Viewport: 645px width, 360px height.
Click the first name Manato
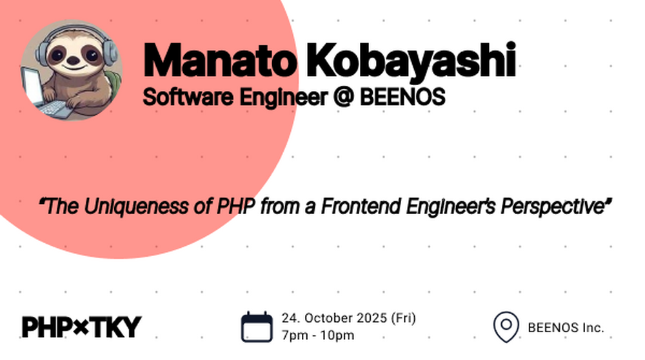[x=220, y=61]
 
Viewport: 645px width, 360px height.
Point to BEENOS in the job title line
[x=402, y=97]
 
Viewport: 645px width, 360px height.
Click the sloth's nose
[x=73, y=61]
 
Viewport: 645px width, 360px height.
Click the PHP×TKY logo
[x=82, y=326]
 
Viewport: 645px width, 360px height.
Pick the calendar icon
[x=257, y=327]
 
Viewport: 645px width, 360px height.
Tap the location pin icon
[x=506, y=327]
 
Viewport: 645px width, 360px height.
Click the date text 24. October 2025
[x=334, y=318]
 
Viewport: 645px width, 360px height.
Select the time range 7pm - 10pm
[x=317, y=335]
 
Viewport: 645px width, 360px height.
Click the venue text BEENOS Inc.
[x=566, y=328]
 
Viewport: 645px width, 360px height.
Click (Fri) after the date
[x=403, y=318]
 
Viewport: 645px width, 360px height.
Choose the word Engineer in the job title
[x=284, y=98]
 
